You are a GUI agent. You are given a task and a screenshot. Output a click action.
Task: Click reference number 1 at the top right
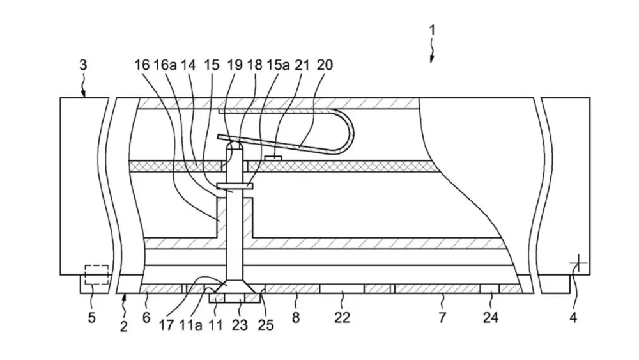pyautogui.click(x=432, y=30)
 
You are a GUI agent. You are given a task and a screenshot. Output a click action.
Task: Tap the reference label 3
pyautogui.click(x=83, y=65)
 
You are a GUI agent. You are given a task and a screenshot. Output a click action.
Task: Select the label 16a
pyautogui.click(x=165, y=65)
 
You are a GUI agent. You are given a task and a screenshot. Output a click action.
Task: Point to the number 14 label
pyautogui.click(x=188, y=65)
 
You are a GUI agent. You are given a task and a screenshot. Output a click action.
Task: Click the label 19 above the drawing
pyautogui.click(x=235, y=65)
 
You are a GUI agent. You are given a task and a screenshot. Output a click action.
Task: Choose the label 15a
pyautogui.click(x=278, y=65)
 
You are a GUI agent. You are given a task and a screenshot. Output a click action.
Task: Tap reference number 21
pyautogui.click(x=302, y=65)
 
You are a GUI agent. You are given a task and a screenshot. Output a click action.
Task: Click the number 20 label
pyautogui.click(x=325, y=65)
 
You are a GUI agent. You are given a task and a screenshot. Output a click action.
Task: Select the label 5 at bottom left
pyautogui.click(x=91, y=317)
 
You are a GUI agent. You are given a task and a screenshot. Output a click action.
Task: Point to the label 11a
pyautogui.click(x=190, y=325)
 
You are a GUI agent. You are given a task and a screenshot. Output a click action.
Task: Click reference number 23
pyautogui.click(x=240, y=325)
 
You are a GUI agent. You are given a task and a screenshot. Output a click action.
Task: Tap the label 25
pyautogui.click(x=266, y=325)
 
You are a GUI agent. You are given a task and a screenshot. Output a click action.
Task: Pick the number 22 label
pyautogui.click(x=342, y=317)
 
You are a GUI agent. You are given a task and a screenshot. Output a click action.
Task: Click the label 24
pyautogui.click(x=491, y=317)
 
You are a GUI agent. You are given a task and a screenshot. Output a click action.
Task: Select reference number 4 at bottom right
pyautogui.click(x=573, y=317)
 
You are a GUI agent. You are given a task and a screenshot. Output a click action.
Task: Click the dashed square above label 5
pyautogui.click(x=96, y=275)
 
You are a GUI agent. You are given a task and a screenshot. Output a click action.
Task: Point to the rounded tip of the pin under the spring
pyautogui.click(x=235, y=145)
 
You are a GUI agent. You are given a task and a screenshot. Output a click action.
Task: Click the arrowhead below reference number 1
pyautogui.click(x=431, y=59)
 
